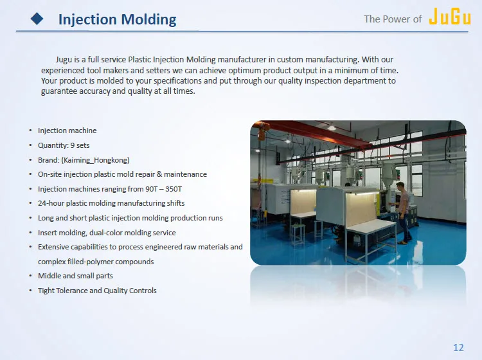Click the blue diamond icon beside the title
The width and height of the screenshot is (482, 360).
click(x=37, y=19)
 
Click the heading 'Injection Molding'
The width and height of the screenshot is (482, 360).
click(x=117, y=19)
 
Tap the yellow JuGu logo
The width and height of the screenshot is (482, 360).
click(x=449, y=17)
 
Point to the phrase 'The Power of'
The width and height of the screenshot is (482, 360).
click(x=393, y=19)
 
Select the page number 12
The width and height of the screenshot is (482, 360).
click(x=458, y=347)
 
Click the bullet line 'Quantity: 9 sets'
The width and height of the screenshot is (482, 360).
click(x=64, y=145)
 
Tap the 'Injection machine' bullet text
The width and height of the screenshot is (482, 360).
click(x=67, y=130)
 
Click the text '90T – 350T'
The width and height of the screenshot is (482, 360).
click(x=164, y=189)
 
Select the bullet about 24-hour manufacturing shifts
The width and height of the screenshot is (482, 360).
click(x=111, y=203)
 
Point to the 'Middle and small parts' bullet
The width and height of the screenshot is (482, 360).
click(x=75, y=276)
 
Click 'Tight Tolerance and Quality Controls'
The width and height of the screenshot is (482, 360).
click(x=97, y=291)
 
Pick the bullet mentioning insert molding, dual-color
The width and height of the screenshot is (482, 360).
click(x=107, y=233)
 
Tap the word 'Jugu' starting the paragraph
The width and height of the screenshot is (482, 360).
click(x=64, y=60)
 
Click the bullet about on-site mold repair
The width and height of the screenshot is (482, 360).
click(x=122, y=174)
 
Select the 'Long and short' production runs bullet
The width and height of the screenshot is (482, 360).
click(x=130, y=218)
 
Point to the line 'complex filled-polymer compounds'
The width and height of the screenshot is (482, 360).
click(x=96, y=262)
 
